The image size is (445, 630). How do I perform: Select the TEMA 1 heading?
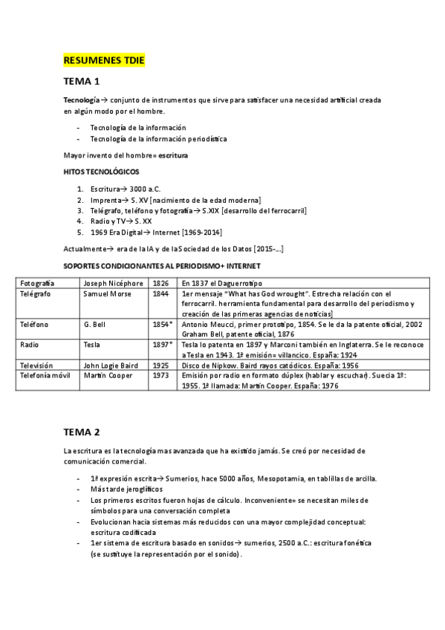[x=82, y=80]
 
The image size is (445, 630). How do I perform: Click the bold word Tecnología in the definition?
[x=80, y=100]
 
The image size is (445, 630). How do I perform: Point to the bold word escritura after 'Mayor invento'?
[x=173, y=155]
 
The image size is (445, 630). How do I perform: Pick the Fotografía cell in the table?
[x=38, y=283]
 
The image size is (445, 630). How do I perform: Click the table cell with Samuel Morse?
[x=108, y=293]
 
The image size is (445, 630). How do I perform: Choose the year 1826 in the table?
[x=160, y=283]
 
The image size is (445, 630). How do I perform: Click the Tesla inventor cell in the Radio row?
[x=93, y=345]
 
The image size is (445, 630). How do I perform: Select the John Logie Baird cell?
[x=111, y=366]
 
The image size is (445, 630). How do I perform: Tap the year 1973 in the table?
[x=160, y=376]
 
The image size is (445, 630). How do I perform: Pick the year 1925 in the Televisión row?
[x=160, y=366]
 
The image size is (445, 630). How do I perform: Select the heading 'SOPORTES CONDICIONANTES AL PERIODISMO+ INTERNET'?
[x=161, y=265]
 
